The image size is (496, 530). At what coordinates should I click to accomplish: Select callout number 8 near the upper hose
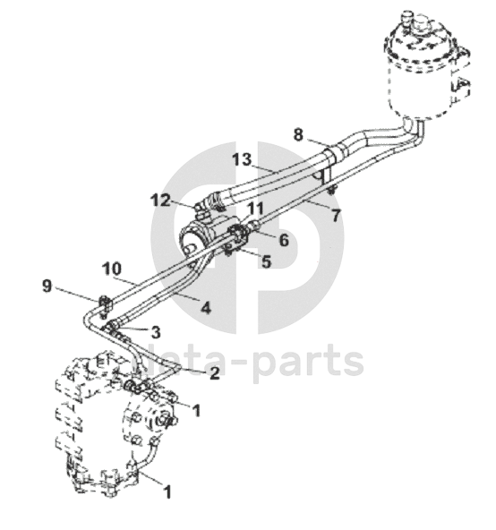298,135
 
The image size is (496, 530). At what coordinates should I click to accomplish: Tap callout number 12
161,201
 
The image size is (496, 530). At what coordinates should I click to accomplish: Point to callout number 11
255,209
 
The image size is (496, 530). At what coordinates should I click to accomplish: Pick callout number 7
335,216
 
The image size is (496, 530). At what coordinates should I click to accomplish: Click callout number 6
283,240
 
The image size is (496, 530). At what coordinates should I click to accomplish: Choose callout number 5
266,261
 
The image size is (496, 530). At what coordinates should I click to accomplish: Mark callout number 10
112,269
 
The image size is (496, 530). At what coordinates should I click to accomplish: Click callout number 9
47,286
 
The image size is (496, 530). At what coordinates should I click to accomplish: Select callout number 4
206,308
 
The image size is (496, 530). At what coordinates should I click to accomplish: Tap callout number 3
155,333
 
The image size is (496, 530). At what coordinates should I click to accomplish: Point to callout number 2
214,373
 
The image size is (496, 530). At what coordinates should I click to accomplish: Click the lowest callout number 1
167,492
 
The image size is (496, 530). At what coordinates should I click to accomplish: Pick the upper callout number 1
196,410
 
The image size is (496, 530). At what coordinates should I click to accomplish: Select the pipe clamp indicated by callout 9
105,304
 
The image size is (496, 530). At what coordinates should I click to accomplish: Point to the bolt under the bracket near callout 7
331,190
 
